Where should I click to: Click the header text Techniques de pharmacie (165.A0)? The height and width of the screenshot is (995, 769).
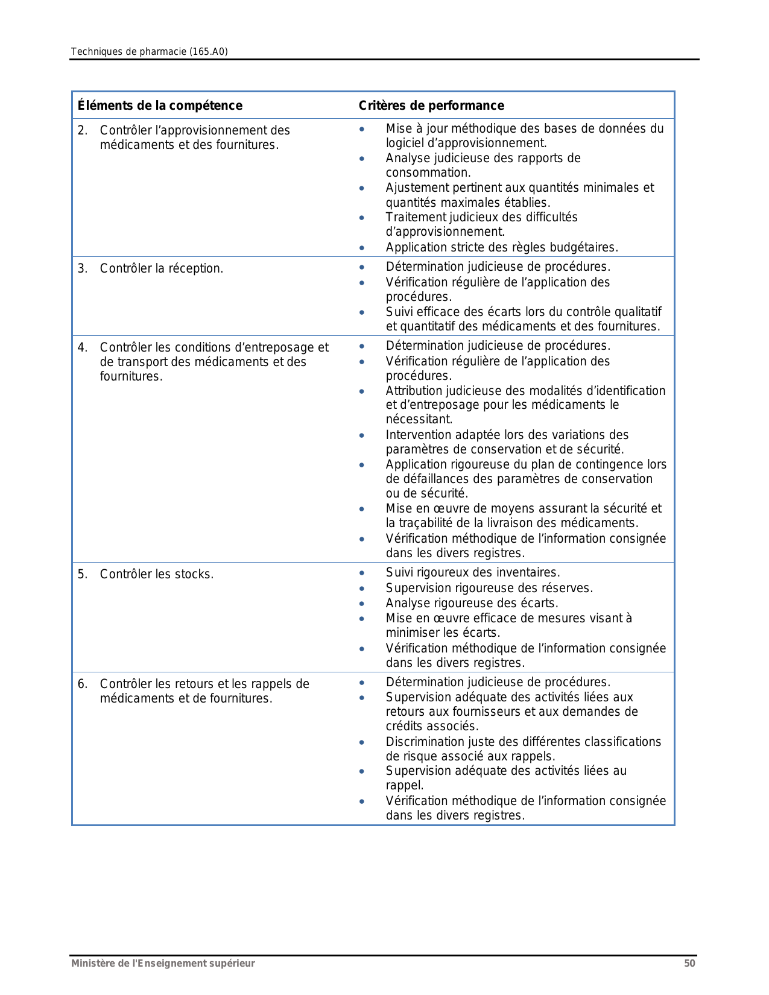pos(149,52)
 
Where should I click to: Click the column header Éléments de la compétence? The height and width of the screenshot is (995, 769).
pos(160,106)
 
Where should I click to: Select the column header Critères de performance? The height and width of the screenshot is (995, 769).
pos(431,106)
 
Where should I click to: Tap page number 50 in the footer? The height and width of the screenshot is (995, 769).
pos(689,963)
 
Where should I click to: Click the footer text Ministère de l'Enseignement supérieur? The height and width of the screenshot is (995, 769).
pos(163,963)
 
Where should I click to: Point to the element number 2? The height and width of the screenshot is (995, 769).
pos(82,130)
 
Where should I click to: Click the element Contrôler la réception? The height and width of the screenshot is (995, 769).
pos(161,268)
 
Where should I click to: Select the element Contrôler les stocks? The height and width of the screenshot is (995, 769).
pos(156,574)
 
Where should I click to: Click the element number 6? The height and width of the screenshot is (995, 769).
pos(82,684)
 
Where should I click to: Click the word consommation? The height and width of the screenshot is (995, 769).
pos(428,172)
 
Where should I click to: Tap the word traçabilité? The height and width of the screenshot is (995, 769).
pos(431,523)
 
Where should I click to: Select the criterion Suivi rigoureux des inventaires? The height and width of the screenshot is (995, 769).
pos(473,572)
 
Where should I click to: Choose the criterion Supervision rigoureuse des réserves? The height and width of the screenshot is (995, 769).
pos(489,588)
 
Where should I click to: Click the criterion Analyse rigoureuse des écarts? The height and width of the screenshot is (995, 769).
pos(472,603)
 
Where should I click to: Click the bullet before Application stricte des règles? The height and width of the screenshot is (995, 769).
pos(361,248)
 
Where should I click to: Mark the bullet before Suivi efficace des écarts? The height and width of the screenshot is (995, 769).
pos(361,312)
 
